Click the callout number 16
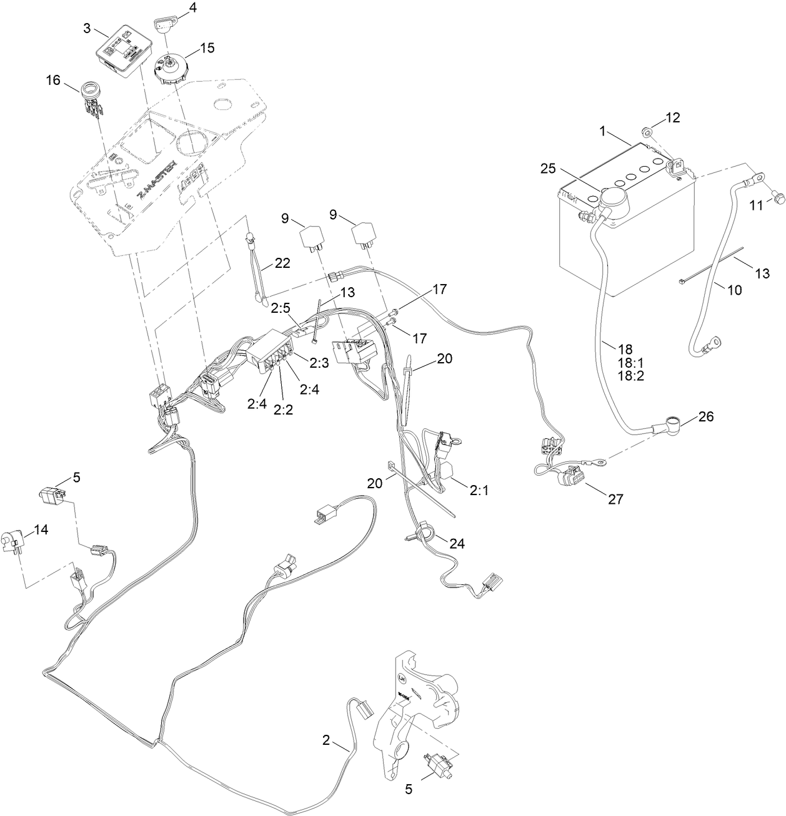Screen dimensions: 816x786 [x=54, y=80]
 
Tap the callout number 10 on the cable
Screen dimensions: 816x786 [x=735, y=290]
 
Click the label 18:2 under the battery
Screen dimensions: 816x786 [x=630, y=375]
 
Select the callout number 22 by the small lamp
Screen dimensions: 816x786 [x=282, y=263]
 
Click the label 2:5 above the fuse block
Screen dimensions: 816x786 [x=281, y=307]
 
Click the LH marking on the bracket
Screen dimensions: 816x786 [x=402, y=677]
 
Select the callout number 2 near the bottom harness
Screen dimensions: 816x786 [x=326, y=740]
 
